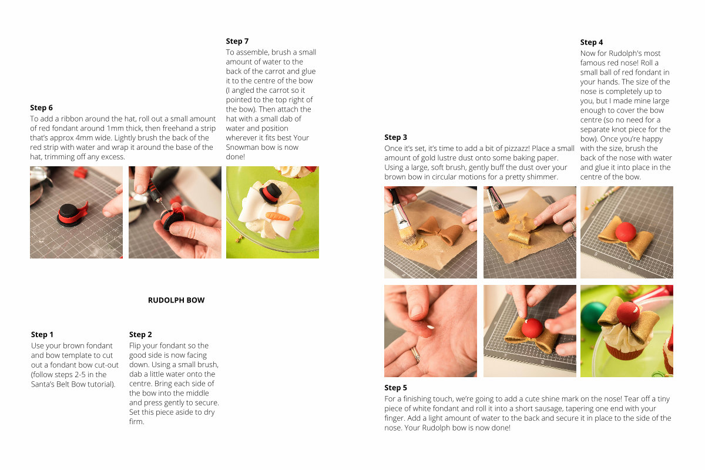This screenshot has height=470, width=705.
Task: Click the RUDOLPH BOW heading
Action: click(176, 300)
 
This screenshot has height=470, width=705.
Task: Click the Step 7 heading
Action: click(237, 41)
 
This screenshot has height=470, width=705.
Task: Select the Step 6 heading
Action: click(41, 108)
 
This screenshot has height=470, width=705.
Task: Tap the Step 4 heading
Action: click(592, 42)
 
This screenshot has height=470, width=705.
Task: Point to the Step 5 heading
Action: click(395, 388)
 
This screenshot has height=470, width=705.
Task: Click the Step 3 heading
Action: click(395, 137)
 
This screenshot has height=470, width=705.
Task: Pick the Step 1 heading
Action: click(42, 334)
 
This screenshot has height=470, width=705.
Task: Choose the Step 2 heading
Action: click(140, 334)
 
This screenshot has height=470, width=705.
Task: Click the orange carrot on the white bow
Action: click(277, 216)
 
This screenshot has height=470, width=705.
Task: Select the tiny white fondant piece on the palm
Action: click(430, 327)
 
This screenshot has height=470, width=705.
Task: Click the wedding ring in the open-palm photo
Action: click(415, 355)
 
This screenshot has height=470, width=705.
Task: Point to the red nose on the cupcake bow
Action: click(628, 313)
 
